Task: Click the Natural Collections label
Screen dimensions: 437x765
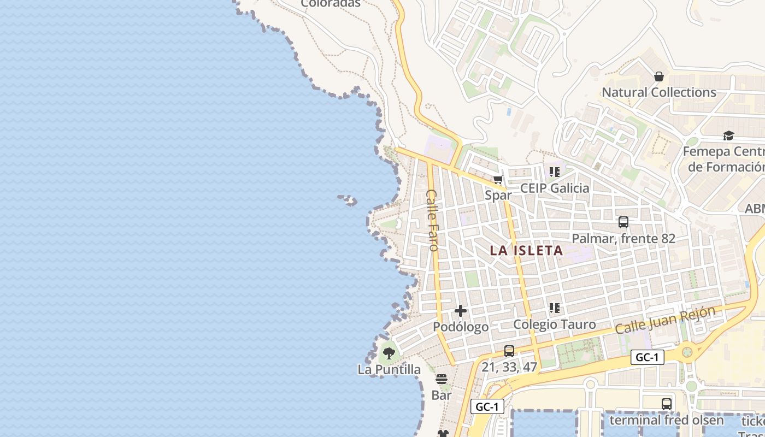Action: coord(658,92)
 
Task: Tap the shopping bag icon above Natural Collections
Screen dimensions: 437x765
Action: coord(659,76)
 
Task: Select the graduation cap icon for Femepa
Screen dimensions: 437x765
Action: coord(728,135)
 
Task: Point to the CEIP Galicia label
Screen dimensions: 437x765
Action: coord(555,188)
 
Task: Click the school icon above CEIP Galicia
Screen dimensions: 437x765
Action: coord(555,172)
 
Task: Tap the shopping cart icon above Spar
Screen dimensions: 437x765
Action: coord(498,179)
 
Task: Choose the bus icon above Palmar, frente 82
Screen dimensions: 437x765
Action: coord(623,222)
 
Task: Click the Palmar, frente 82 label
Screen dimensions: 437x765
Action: coord(623,239)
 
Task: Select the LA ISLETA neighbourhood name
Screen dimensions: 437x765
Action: coord(526,251)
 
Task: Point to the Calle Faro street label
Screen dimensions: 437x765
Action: coord(433,220)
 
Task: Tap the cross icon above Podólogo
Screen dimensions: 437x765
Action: coord(461,311)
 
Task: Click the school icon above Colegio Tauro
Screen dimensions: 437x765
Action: coord(555,308)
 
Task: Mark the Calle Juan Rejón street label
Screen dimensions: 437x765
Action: coord(665,321)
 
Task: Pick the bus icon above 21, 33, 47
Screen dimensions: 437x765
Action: coord(509,351)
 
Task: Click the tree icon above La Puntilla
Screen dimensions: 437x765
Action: coord(389,353)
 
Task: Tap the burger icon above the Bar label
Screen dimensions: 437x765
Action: coord(442,379)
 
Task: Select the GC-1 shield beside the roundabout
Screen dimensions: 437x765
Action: coord(648,358)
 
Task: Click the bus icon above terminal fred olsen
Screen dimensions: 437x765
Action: coord(667,404)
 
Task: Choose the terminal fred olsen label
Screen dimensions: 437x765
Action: coord(666,421)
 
